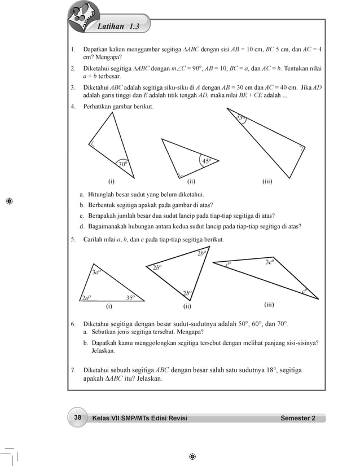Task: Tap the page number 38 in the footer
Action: point(78,417)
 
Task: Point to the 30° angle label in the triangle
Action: point(122,164)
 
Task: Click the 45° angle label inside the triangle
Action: point(207,161)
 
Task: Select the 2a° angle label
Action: point(86,298)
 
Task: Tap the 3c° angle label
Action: point(270,262)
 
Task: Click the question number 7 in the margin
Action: point(73,370)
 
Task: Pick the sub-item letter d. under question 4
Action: point(82,226)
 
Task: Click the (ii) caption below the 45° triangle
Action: point(191,182)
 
